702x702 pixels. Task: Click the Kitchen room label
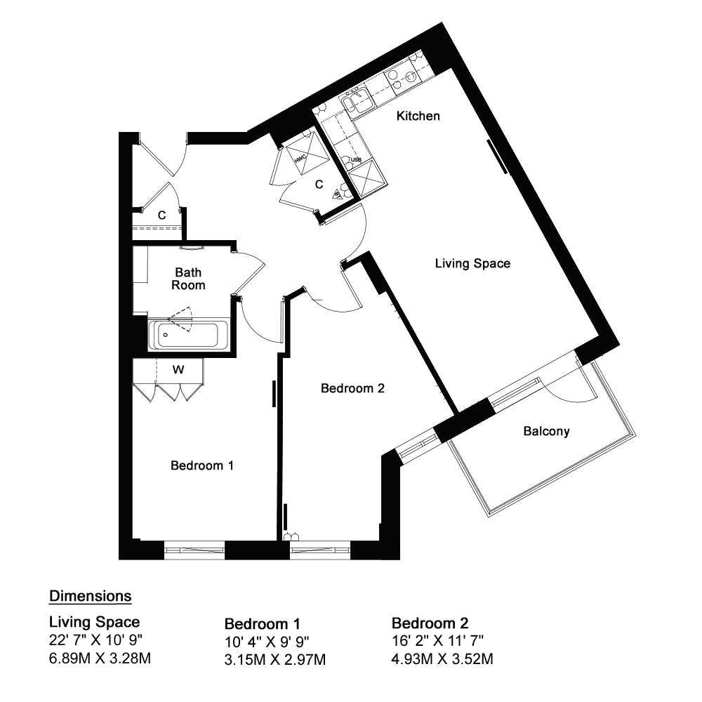coord(418,116)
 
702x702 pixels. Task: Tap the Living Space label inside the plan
coord(472,264)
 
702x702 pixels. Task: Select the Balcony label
coord(546,431)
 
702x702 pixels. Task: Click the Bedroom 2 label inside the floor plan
coord(353,388)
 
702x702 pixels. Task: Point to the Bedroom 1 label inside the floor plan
coord(202,465)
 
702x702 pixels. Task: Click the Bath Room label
coord(188,279)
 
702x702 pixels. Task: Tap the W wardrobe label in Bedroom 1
coord(178,370)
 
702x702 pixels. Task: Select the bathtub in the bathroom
coord(188,334)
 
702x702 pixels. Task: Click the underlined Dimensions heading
coord(91,596)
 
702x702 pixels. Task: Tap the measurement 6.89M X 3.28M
coord(100,658)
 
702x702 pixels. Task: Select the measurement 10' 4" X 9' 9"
coord(267,642)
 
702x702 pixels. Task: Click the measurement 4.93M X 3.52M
coord(442,659)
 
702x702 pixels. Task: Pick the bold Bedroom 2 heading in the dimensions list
coord(430,623)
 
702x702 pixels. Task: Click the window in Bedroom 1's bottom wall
coord(194,550)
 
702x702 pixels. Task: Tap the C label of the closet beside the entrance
coord(161,216)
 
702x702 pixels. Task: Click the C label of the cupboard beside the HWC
coord(319,185)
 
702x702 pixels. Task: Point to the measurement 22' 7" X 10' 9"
coord(95,640)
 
